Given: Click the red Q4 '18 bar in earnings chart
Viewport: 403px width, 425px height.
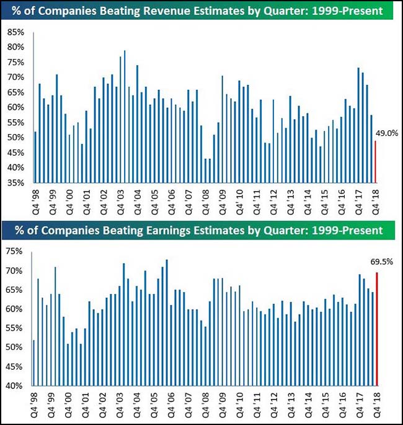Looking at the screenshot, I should [x=376, y=329].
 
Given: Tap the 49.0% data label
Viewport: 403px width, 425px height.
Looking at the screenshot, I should [x=386, y=133].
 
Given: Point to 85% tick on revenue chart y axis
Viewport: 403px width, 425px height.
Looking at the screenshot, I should [x=15, y=32].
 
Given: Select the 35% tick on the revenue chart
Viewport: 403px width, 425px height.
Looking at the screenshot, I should [x=15, y=183].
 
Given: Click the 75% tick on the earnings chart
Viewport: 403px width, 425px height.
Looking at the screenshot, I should [x=15, y=251].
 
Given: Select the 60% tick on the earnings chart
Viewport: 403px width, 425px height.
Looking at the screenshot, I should [x=15, y=309].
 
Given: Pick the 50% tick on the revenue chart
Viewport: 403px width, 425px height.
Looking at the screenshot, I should [x=15, y=138].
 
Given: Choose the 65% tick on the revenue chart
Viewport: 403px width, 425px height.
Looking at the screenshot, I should [x=15, y=92].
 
